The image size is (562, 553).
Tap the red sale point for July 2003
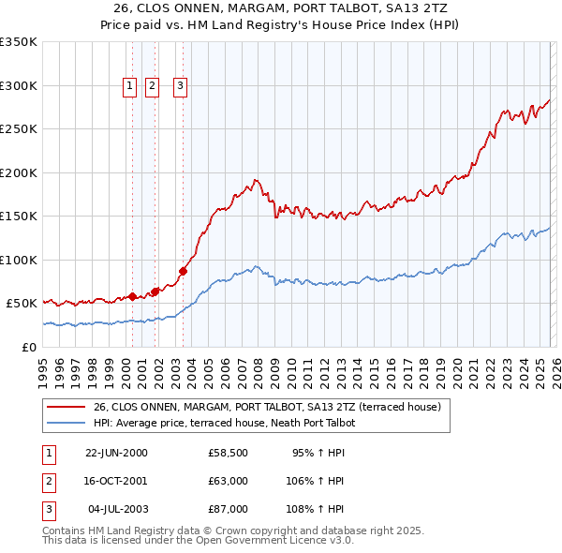coord(183,272)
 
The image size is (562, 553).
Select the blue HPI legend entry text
coord(224,424)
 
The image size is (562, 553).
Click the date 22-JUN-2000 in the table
coord(116,453)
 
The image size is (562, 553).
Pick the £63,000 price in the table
coord(228,481)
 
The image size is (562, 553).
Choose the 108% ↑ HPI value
coord(316,509)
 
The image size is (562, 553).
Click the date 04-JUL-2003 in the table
coord(116,509)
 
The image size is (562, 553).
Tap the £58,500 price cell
coord(228,453)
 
